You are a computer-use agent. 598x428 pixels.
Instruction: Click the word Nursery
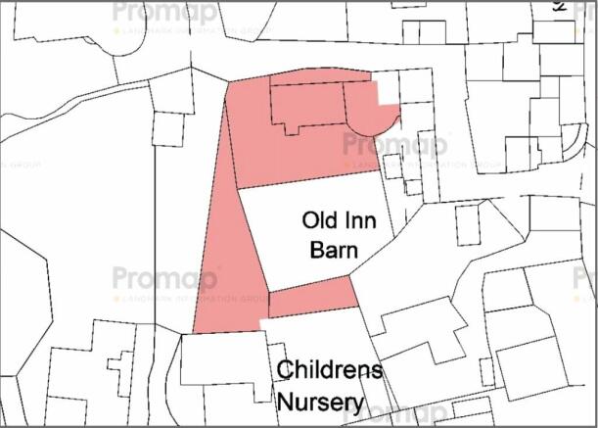pos(319,402)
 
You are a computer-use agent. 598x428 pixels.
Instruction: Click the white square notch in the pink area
pos(389,90)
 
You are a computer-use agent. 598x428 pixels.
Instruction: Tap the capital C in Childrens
pos(285,370)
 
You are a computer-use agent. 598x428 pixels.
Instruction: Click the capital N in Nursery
pos(286,402)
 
